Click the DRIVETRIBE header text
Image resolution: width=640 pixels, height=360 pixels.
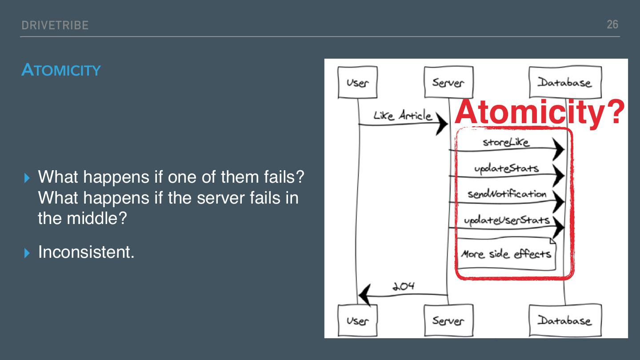pyautogui.click(x=55, y=25)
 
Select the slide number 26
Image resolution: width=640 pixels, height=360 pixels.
pyautogui.click(x=612, y=24)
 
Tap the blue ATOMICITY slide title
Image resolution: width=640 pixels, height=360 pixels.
pyautogui.click(x=61, y=70)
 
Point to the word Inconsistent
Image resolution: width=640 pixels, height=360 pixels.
pyautogui.click(x=86, y=252)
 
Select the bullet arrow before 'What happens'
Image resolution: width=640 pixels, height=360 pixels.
pyautogui.click(x=28, y=178)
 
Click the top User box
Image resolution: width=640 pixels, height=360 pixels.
pyautogui.click(x=357, y=82)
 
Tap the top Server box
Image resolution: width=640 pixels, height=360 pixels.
pyautogui.click(x=448, y=82)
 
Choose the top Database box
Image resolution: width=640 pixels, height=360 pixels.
pyautogui.click(x=565, y=82)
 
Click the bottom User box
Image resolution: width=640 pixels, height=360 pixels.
pyautogui.click(x=357, y=320)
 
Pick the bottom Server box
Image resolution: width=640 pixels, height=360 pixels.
pyautogui.click(x=448, y=320)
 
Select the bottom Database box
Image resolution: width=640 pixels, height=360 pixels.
pyautogui.click(x=565, y=320)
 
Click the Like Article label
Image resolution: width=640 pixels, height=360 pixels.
pyautogui.click(x=402, y=116)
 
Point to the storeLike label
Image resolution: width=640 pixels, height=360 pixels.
pyautogui.click(x=506, y=142)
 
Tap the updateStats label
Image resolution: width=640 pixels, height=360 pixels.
pyautogui.click(x=506, y=168)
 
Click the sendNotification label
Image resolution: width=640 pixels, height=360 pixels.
pyautogui.click(x=507, y=194)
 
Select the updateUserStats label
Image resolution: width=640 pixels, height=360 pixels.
pyautogui.click(x=507, y=220)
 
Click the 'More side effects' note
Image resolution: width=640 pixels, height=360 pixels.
pyautogui.click(x=506, y=254)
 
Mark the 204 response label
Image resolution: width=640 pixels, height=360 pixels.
pyautogui.click(x=403, y=286)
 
